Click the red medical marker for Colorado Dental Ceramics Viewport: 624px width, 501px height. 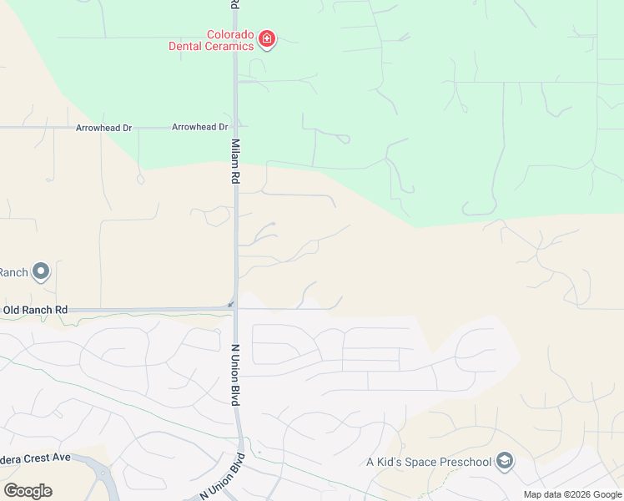[x=267, y=39]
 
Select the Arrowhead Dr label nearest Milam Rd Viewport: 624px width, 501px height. [x=199, y=127]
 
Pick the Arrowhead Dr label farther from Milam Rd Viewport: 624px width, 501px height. [x=103, y=128]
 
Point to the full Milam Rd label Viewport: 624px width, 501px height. [x=236, y=162]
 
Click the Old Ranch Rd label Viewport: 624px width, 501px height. [x=35, y=310]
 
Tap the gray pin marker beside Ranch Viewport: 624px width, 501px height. [x=41, y=271]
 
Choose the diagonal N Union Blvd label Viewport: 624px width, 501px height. [x=223, y=477]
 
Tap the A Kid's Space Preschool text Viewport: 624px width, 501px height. [x=428, y=462]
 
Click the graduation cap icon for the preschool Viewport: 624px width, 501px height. [x=504, y=461]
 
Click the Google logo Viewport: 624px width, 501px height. [x=28, y=491]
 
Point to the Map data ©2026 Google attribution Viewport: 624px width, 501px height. [x=572, y=494]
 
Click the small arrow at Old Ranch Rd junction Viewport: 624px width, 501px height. [x=231, y=304]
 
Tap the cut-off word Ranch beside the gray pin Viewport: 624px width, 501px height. [x=13, y=272]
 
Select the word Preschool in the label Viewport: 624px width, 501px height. [x=465, y=462]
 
